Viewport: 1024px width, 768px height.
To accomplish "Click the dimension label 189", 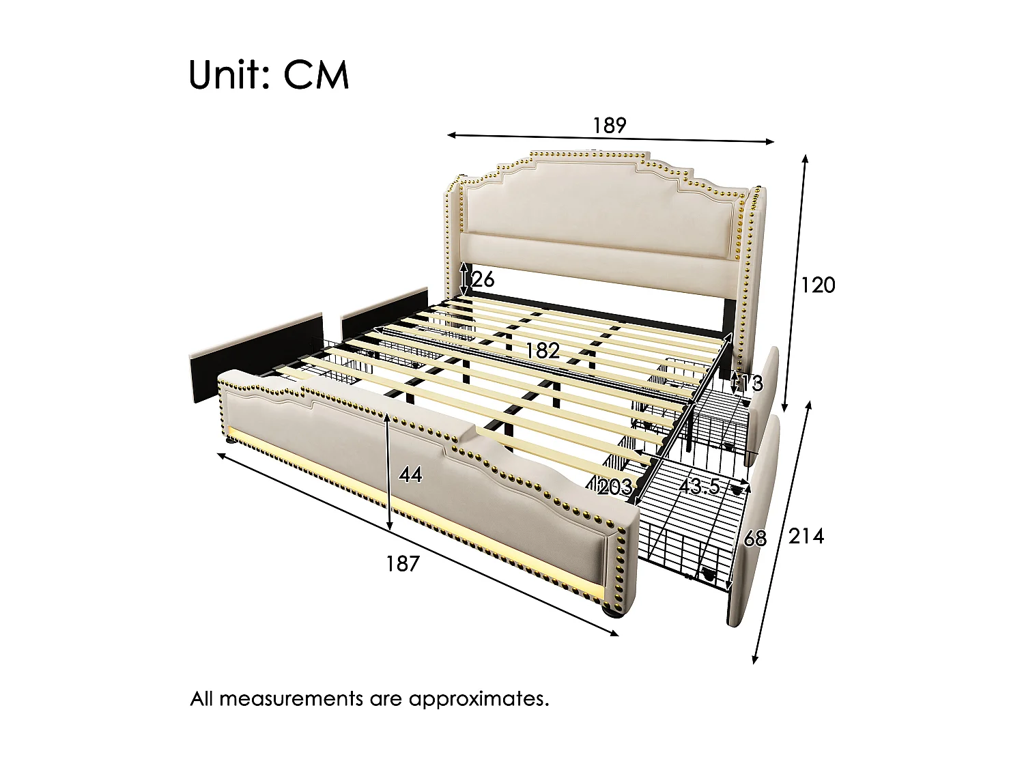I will tap(609, 126).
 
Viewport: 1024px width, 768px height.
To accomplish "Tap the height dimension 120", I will tap(817, 285).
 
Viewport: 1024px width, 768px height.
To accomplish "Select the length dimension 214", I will tap(806, 537).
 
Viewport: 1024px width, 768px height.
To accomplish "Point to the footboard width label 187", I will tap(402, 564).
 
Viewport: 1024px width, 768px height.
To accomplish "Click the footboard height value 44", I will tap(410, 474).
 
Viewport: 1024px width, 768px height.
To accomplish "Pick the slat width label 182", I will tap(542, 350).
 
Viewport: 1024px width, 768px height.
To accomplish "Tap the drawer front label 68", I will tap(754, 539).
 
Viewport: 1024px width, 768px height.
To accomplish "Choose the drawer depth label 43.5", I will tap(700, 487).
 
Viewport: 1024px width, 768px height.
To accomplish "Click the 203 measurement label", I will tap(614, 487).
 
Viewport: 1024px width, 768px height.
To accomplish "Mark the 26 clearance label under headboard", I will tap(481, 279).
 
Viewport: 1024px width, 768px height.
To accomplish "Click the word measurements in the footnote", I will tap(291, 699).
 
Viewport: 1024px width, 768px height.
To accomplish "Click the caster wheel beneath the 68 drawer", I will tap(707, 575).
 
